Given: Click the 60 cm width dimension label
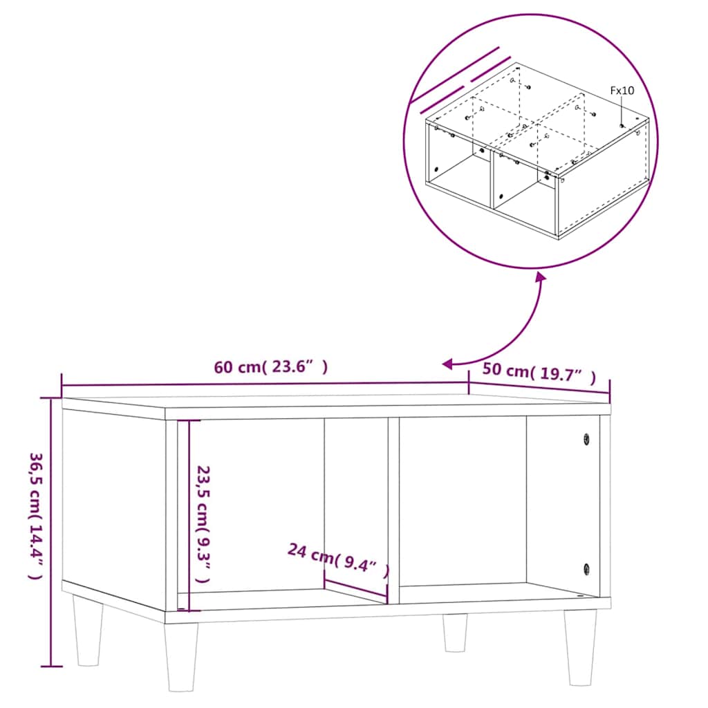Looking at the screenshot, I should [x=270, y=368].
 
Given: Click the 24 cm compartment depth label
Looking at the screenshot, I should [x=338, y=559].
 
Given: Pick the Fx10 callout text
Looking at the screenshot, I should [x=622, y=90].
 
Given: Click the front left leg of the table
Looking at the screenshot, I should [x=181, y=656].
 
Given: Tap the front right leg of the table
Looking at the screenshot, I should [x=579, y=647].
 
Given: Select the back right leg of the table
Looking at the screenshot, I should [x=455, y=632].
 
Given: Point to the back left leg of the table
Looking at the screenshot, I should [x=87, y=631].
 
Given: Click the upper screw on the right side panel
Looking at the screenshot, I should [x=586, y=439].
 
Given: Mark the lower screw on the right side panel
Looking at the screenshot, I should [x=586, y=568].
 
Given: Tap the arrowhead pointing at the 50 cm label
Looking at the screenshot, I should [x=448, y=364].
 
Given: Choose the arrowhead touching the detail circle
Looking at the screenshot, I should [x=539, y=277].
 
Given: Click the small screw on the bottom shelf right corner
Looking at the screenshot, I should [x=579, y=594].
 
